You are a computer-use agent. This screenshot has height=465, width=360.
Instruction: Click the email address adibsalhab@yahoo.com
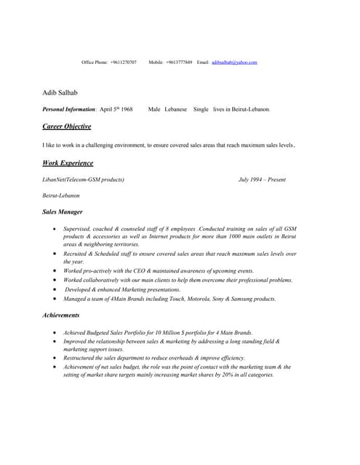pyautogui.click(x=234, y=62)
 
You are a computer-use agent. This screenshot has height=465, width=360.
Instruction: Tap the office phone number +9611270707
pyautogui.click(x=123, y=62)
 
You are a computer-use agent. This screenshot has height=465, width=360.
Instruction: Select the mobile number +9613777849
pyautogui.click(x=179, y=62)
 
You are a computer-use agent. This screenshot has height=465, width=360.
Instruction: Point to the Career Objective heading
pyautogui.click(x=67, y=126)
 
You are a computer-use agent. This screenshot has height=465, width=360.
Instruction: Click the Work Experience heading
pyautogui.click(x=68, y=163)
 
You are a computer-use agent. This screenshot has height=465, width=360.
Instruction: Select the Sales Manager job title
pyautogui.click(x=63, y=212)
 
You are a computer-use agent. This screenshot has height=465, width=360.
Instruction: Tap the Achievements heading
pyautogui.click(x=61, y=315)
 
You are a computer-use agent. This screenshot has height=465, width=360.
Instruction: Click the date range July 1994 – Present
pyautogui.click(x=262, y=179)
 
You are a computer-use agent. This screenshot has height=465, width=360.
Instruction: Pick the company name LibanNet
pyautogui.click(x=55, y=179)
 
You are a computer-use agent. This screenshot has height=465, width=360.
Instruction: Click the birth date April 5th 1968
pyautogui.click(x=116, y=109)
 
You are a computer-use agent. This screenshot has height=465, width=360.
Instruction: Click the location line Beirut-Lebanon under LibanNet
pyautogui.click(x=61, y=195)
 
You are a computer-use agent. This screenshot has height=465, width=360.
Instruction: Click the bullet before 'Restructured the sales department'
pyautogui.click(x=56, y=358)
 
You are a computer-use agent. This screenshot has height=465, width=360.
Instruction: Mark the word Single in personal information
pyautogui.click(x=201, y=109)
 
